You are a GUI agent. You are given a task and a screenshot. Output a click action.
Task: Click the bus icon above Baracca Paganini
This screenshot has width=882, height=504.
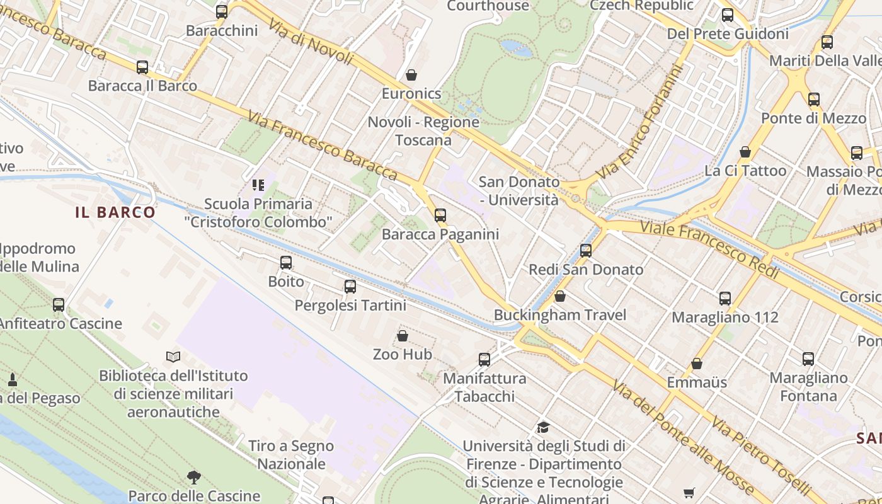click(x=440, y=215)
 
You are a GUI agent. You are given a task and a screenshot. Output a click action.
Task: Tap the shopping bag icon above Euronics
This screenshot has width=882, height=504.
click(x=411, y=75)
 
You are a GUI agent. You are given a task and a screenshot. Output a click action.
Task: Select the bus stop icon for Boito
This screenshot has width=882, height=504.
click(x=286, y=263)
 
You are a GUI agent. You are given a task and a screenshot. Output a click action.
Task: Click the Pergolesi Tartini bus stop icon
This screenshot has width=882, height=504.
click(x=350, y=287)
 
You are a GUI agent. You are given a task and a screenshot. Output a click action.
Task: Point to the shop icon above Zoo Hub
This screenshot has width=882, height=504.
click(x=403, y=336)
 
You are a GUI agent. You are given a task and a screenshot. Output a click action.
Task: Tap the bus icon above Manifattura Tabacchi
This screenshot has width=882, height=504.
click(x=484, y=360)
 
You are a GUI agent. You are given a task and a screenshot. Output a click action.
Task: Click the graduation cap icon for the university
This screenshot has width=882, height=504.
click(x=543, y=428)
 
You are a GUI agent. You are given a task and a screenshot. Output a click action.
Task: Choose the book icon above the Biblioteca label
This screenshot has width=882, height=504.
click(x=173, y=357)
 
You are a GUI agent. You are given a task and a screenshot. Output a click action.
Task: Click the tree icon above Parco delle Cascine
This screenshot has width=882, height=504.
click(x=194, y=478)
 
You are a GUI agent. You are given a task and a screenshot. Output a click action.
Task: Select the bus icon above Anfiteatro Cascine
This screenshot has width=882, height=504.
click(x=59, y=305)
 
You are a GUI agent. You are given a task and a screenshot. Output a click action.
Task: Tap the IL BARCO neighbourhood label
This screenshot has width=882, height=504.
click(x=115, y=212)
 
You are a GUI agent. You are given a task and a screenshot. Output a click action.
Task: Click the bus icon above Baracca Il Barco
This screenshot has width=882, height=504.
click(x=142, y=67)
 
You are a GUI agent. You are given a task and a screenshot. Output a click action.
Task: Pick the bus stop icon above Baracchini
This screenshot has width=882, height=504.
click(x=222, y=12)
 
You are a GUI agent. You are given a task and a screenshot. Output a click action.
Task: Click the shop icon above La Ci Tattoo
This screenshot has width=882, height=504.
click(x=745, y=152)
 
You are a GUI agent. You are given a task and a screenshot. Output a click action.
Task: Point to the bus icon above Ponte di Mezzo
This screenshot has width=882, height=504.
click(x=814, y=100)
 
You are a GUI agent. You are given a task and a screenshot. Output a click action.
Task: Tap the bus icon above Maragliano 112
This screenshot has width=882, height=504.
click(x=725, y=299)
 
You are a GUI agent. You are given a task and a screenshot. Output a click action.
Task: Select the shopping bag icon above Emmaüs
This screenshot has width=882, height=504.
click(x=697, y=364)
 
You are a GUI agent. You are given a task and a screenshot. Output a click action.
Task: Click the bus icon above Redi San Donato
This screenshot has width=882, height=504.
click(x=586, y=251)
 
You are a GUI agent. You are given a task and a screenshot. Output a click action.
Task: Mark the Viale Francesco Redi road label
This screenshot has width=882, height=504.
click(x=710, y=249)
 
